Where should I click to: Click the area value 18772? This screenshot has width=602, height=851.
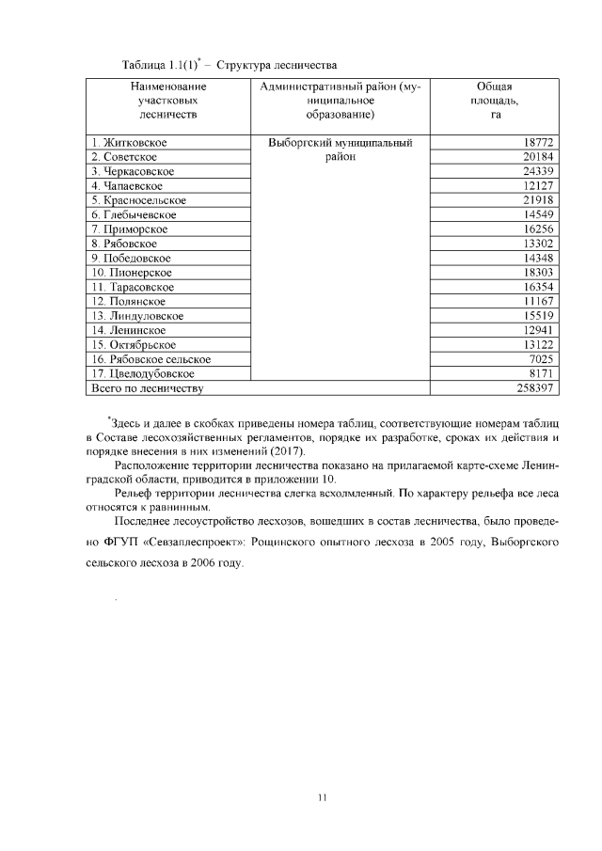(x=533, y=142)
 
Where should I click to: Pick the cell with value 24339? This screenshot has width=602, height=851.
(x=533, y=171)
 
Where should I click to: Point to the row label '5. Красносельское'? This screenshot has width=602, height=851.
(x=139, y=200)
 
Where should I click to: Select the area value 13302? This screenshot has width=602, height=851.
(x=533, y=244)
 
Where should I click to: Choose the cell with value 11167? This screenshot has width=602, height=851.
(x=533, y=301)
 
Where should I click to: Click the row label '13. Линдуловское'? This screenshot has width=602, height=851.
(x=137, y=316)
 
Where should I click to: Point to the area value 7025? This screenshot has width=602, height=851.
(x=537, y=359)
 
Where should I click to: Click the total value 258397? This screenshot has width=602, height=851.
(x=531, y=387)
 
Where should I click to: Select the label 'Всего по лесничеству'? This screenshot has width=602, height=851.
(x=147, y=387)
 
